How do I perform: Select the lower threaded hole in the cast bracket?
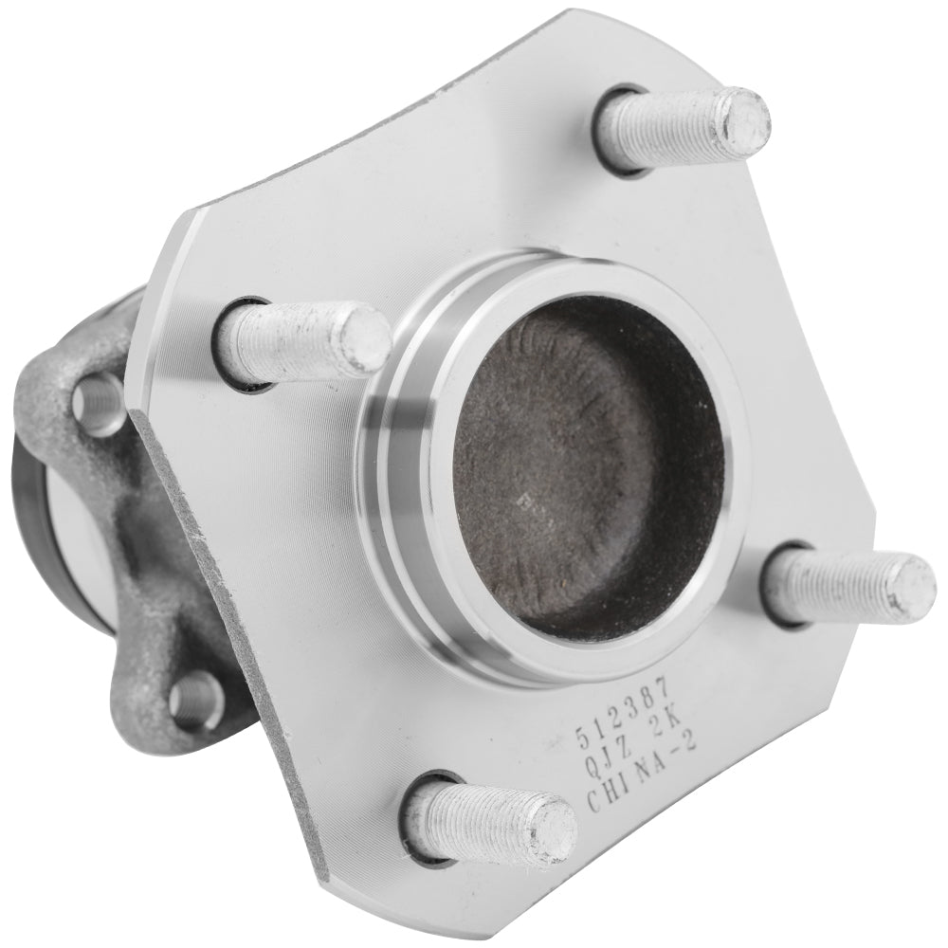tap(200, 700)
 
